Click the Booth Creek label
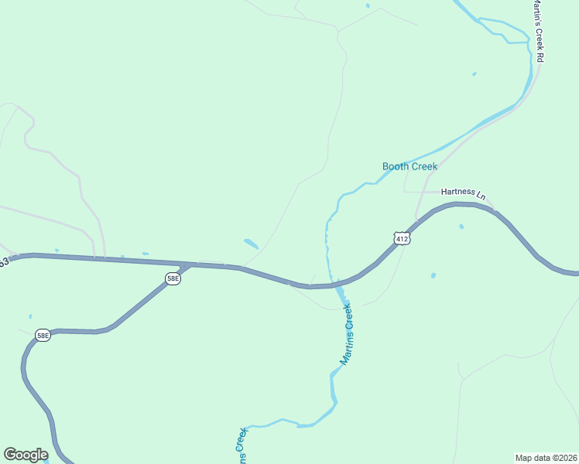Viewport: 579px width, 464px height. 409,166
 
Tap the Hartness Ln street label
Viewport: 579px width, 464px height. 461,192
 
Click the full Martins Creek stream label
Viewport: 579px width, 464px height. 346,334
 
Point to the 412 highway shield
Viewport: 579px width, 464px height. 400,239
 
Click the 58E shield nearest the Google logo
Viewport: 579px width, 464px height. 43,335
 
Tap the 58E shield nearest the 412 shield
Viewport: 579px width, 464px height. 173,278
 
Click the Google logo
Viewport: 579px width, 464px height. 26,455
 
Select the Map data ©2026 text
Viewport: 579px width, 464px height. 546,457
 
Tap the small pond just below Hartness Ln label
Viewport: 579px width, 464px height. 461,227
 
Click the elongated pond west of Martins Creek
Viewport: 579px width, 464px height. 251,244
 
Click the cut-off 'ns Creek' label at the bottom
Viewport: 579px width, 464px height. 242,440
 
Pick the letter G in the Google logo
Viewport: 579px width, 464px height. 10,455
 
